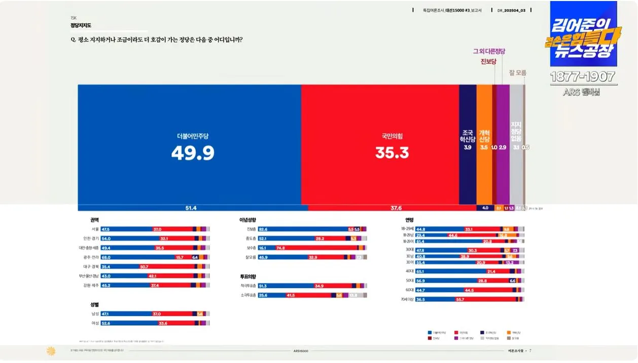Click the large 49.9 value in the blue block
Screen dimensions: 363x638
click(x=192, y=152)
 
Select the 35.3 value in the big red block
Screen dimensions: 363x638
click(x=392, y=152)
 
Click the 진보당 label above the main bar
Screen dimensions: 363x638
click(x=490, y=62)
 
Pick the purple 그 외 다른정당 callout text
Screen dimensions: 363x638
click(x=489, y=51)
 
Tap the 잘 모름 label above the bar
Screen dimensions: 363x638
click(x=517, y=73)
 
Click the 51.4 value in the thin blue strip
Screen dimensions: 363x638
click(x=191, y=208)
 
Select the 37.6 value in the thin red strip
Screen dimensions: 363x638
click(x=396, y=208)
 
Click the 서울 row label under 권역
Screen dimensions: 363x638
click(x=95, y=229)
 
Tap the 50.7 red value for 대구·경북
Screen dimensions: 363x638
click(x=144, y=267)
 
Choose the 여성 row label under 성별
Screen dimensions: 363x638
click(x=95, y=323)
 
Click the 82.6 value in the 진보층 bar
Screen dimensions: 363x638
click(x=263, y=229)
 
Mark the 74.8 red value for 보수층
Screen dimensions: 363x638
click(x=280, y=248)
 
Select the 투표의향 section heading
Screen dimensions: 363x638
click(x=248, y=277)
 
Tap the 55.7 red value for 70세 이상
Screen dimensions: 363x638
click(x=460, y=300)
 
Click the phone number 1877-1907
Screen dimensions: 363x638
click(x=583, y=77)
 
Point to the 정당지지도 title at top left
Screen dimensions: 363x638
click(x=81, y=25)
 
